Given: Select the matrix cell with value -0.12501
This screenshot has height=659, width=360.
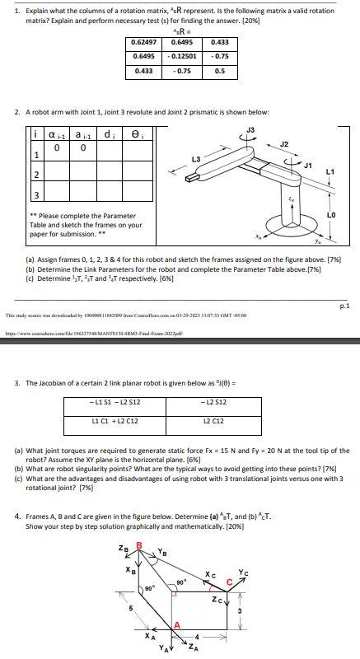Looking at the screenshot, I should pos(185,56).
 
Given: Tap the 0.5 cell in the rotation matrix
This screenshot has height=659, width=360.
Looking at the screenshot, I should pos(219,71).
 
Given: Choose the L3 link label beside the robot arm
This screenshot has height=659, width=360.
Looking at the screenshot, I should pos(196,158).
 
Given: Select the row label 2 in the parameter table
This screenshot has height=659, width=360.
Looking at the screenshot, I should pos(13,174).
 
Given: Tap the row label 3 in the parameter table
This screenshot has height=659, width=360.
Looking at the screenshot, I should pos(13,194).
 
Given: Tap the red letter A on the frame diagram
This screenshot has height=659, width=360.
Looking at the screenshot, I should pos(175,624).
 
